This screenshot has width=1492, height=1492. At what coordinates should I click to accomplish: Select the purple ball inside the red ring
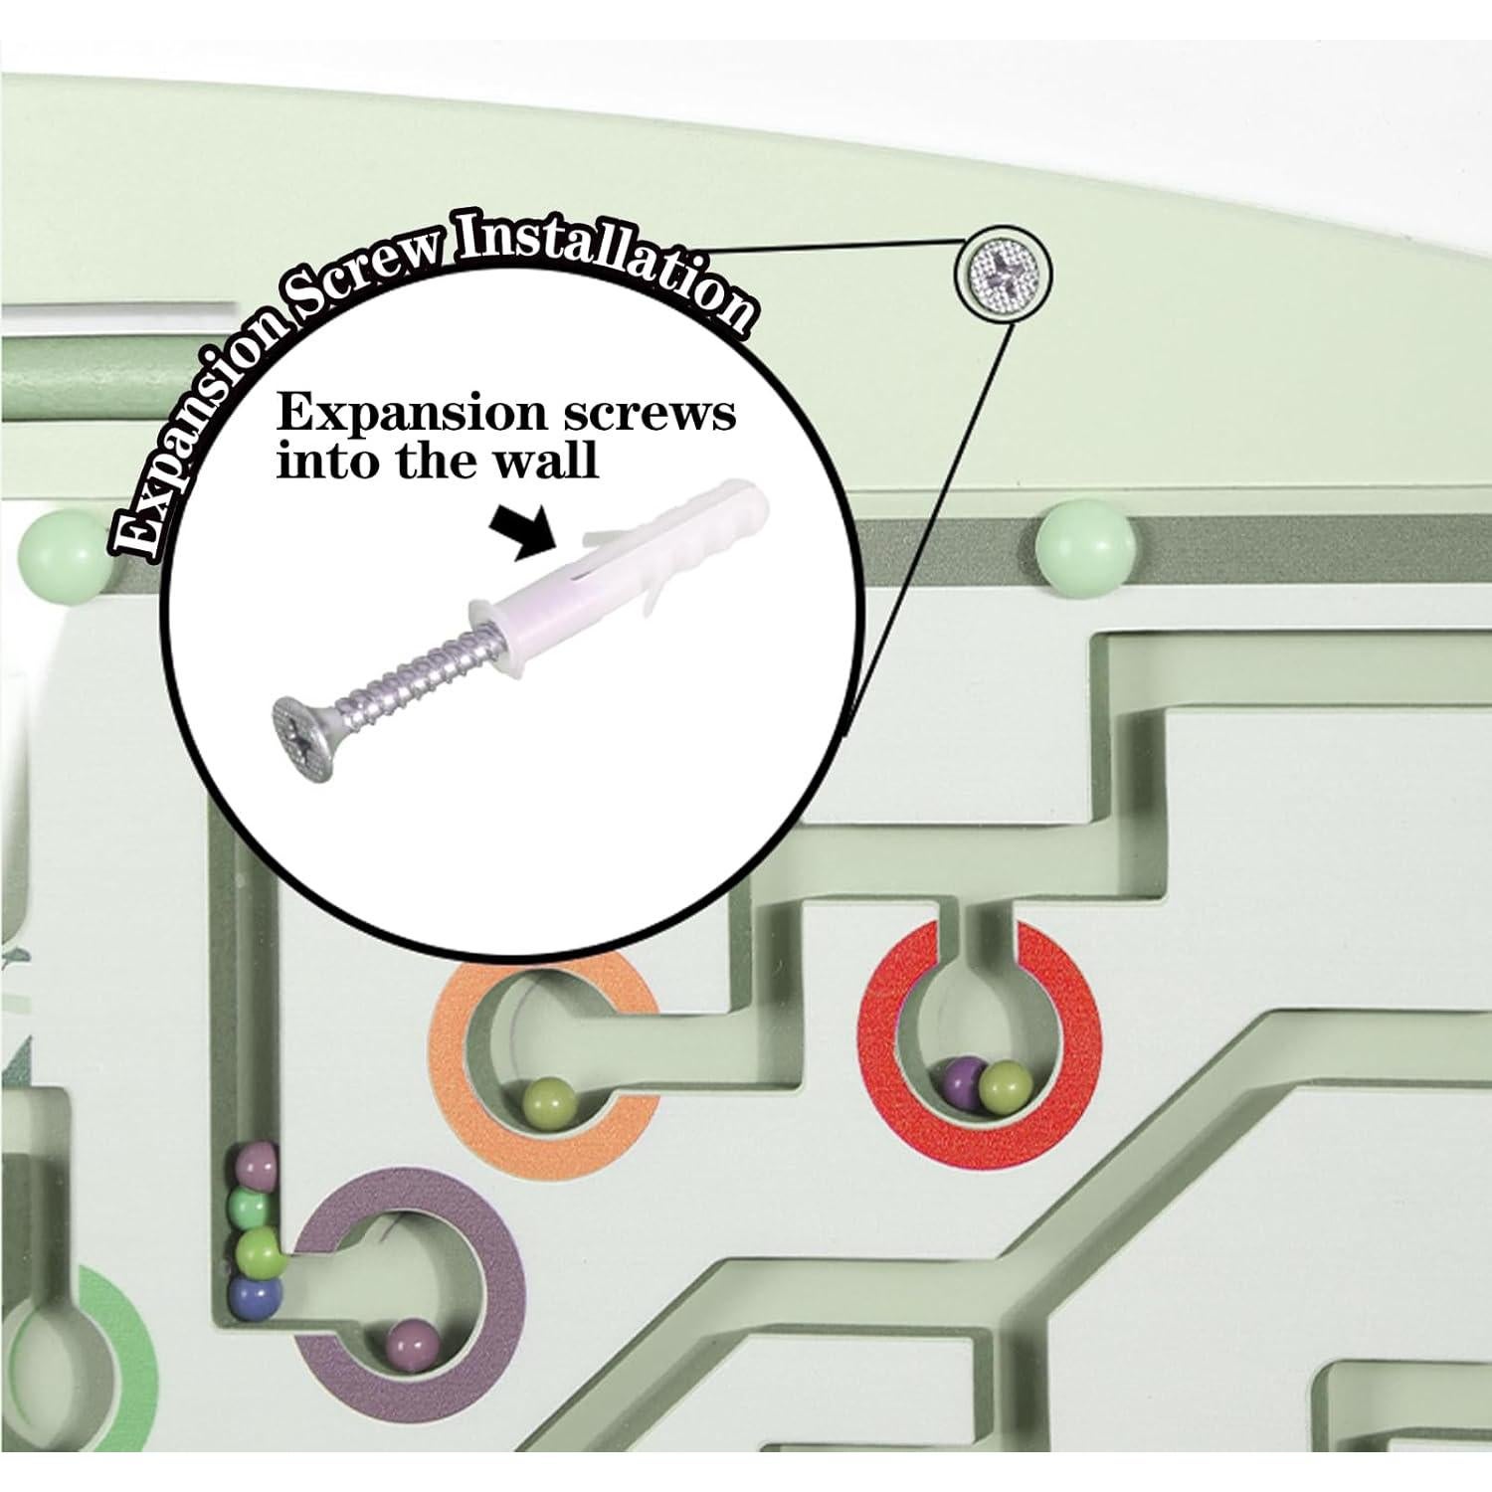[962, 1077]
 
